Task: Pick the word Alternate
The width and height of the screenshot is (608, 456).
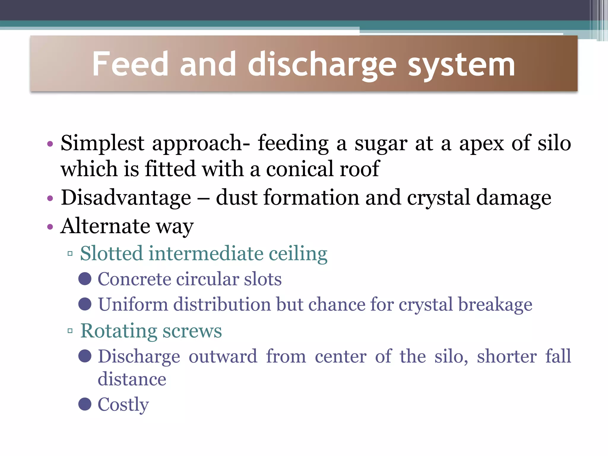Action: point(105,226)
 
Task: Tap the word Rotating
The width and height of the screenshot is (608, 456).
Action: point(118,331)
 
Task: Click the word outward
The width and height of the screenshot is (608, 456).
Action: point(223,356)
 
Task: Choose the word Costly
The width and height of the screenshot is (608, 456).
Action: point(123,405)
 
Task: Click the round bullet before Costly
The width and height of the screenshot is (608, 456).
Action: point(85,404)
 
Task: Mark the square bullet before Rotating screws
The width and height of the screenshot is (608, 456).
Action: point(70,331)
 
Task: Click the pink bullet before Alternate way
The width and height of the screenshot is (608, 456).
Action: point(50,227)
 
